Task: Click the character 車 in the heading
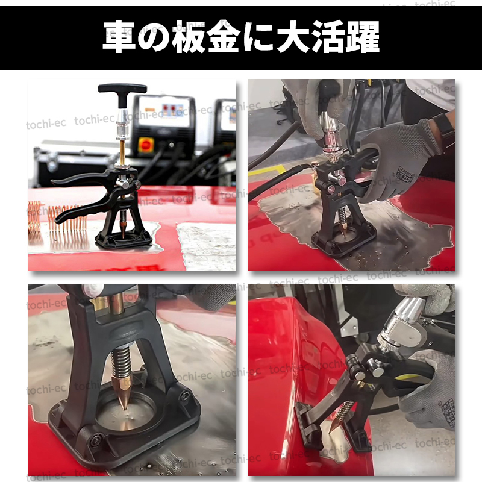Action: tap(120, 37)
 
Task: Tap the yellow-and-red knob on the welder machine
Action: tap(146, 145)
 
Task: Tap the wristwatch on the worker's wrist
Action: tap(445, 127)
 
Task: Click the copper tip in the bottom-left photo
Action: tap(125, 395)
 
